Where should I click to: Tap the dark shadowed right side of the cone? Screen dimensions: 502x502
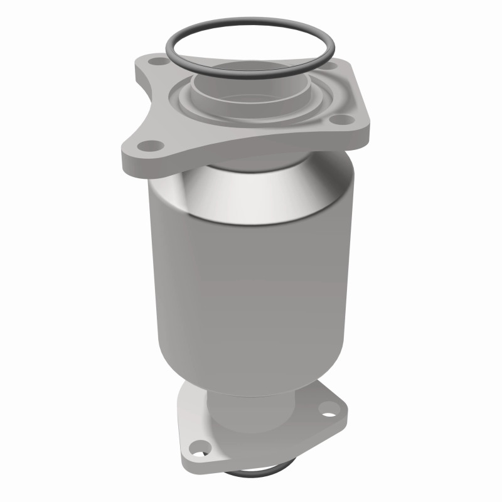coord(326,188)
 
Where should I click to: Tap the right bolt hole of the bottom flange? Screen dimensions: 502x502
coord(327,411)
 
